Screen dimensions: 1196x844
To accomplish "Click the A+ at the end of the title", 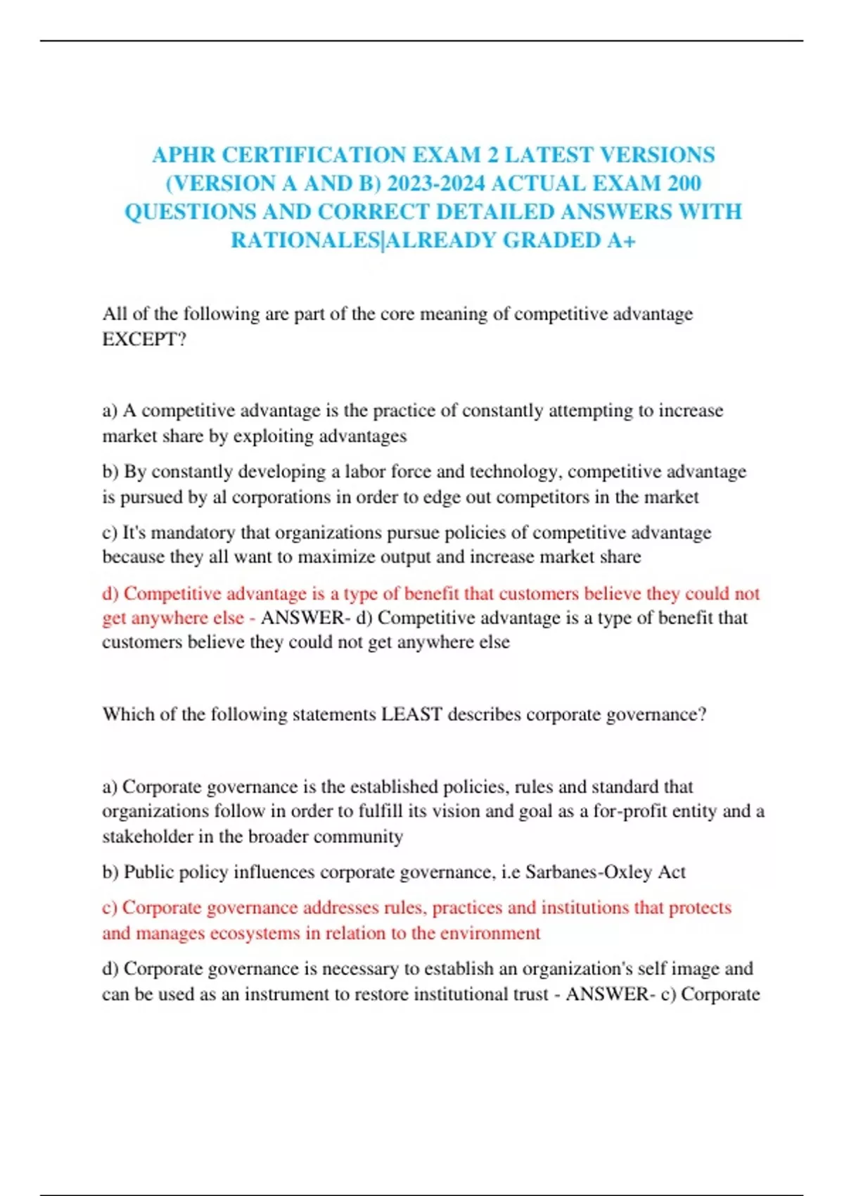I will pos(620,241).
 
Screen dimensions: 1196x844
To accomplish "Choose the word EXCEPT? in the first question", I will pos(144,339).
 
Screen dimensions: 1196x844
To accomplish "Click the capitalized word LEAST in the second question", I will pos(411,715).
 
